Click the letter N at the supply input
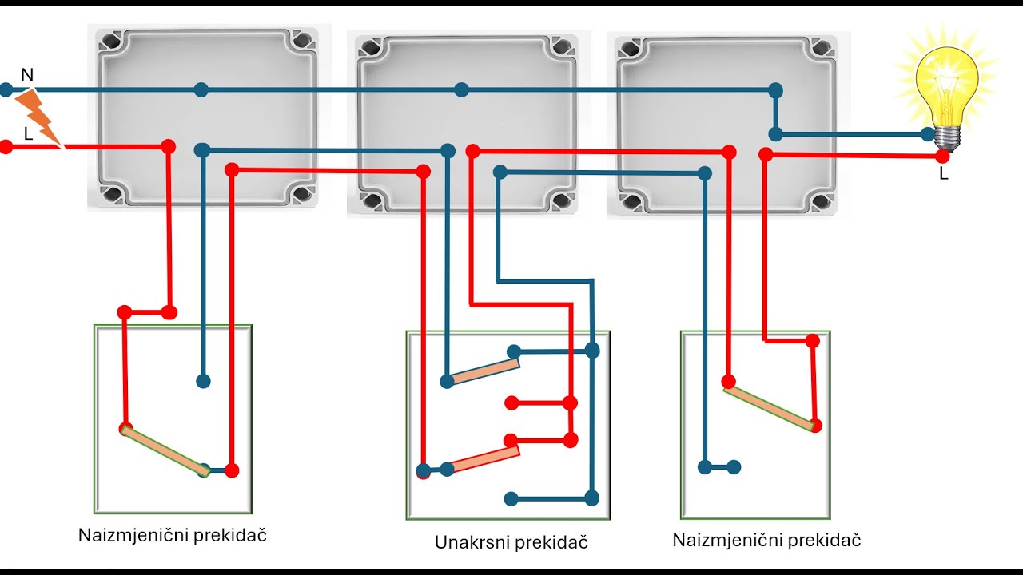[x=27, y=75]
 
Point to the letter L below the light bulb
[x=944, y=173]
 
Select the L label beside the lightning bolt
[x=28, y=134]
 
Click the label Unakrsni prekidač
[x=511, y=542]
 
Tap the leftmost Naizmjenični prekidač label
[x=172, y=535]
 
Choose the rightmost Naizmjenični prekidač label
[x=766, y=541]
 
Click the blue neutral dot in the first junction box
[x=201, y=90]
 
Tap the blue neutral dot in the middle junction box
[x=462, y=90]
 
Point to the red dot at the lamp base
[x=942, y=156]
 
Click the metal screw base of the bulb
[x=948, y=137]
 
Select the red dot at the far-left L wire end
[x=6, y=147]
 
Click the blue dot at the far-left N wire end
[x=6, y=90]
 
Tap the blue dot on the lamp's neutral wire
[x=928, y=134]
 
